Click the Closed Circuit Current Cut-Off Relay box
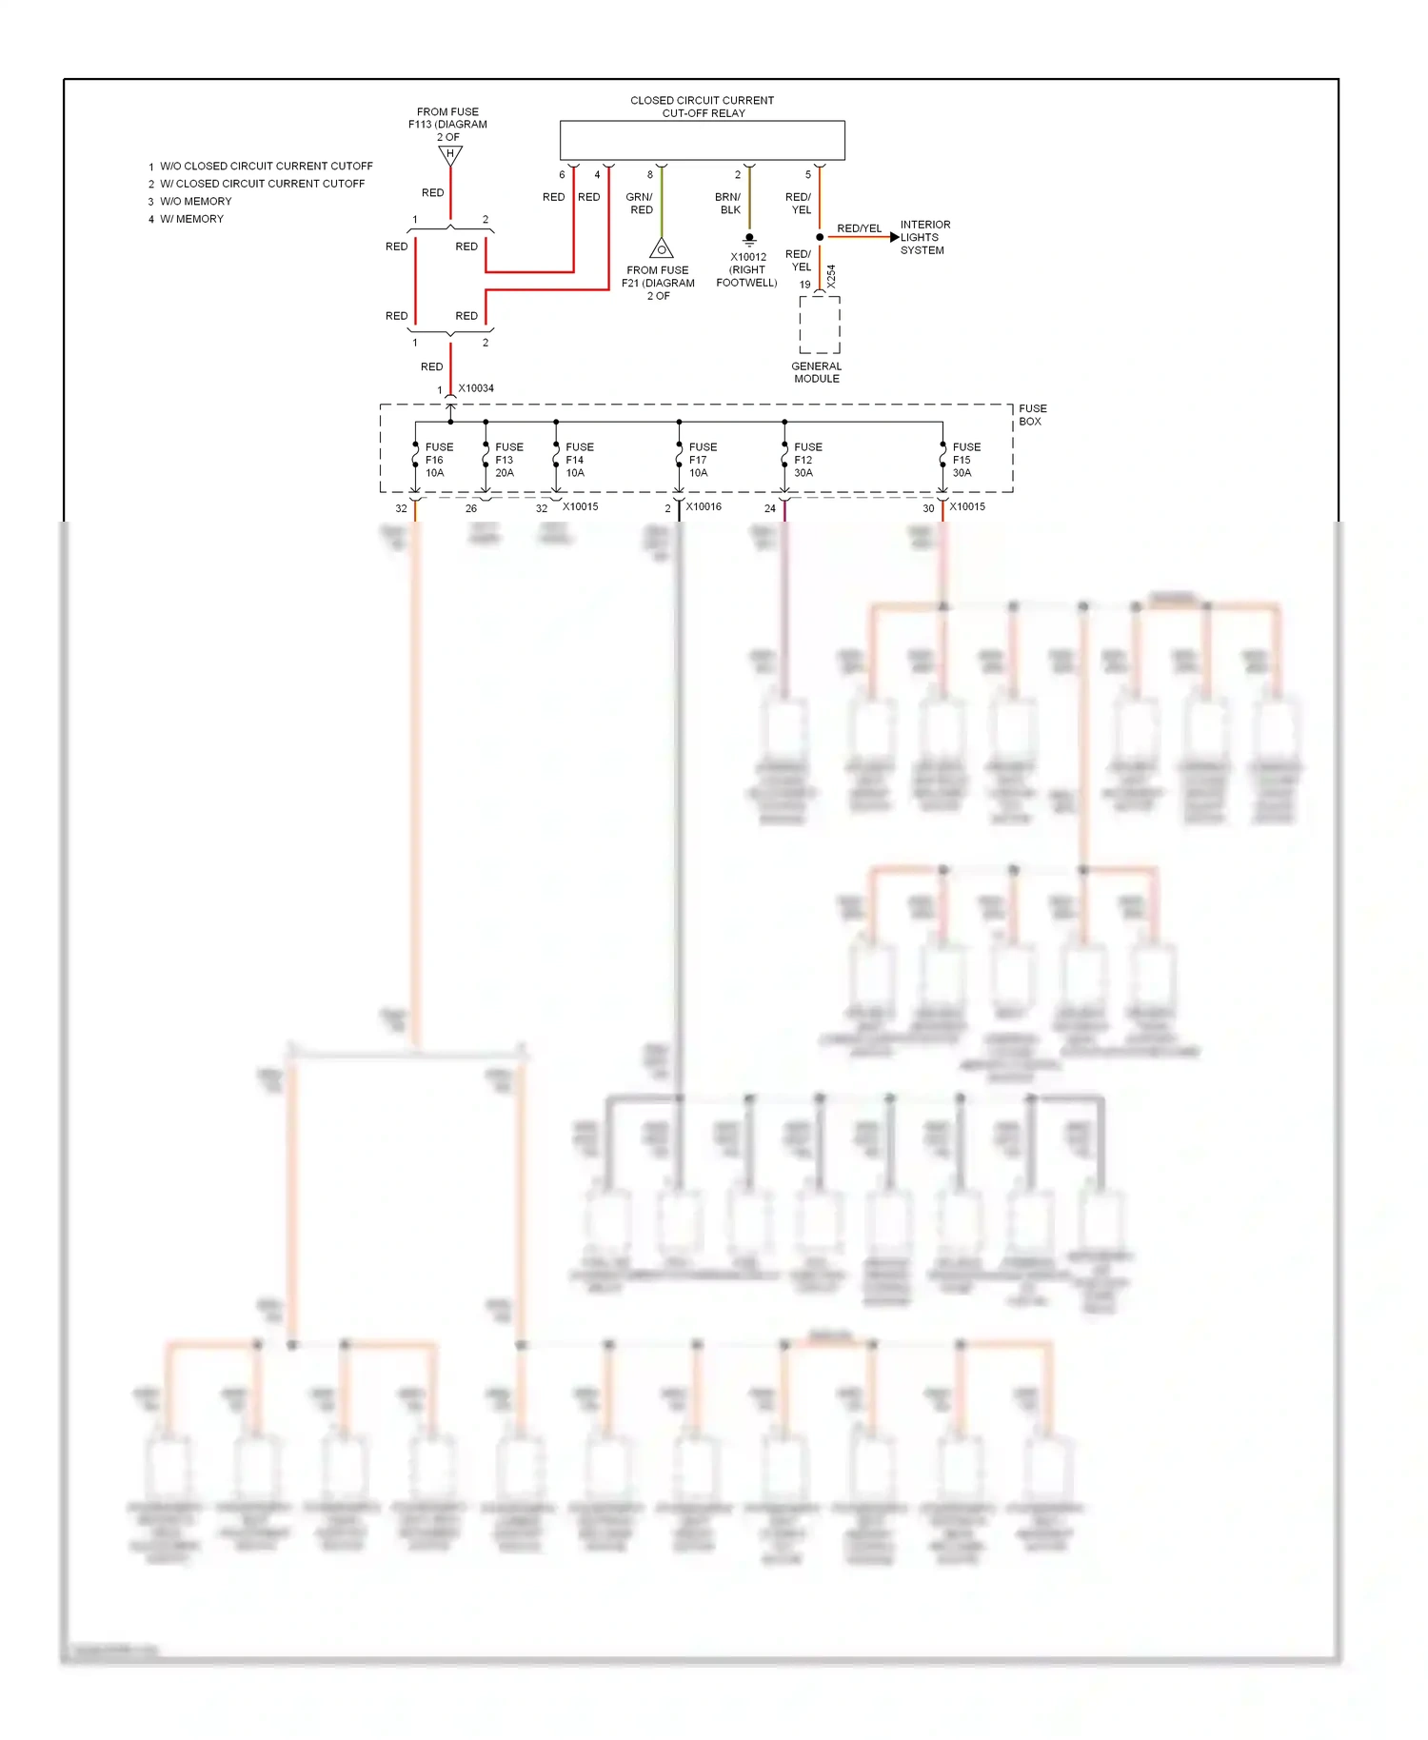[x=702, y=140]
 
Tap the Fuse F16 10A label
[x=438, y=460]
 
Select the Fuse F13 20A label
[x=508, y=460]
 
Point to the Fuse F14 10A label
[x=579, y=460]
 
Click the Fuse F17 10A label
[x=703, y=460]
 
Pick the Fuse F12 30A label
[x=807, y=460]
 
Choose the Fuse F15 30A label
[x=965, y=460]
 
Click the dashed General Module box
[x=819, y=325]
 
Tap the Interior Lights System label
[x=924, y=238]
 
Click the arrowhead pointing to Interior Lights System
[x=894, y=237]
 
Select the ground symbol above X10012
[x=749, y=239]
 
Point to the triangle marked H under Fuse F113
[x=450, y=155]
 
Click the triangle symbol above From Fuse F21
[x=662, y=249]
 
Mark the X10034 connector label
[x=476, y=388]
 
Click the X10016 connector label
[x=704, y=506]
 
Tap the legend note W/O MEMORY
[x=195, y=202]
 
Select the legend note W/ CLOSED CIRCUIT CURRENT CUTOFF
[x=262, y=184]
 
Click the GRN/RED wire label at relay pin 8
[x=640, y=204]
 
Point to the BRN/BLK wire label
[x=728, y=204]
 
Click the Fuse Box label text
[x=1032, y=415]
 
